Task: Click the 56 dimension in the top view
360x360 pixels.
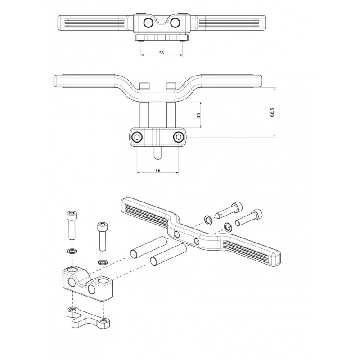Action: tap(162, 53)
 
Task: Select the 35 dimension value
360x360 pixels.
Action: tap(199, 115)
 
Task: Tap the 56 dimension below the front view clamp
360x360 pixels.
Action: tap(157, 171)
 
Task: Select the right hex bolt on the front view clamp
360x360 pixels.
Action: tap(179, 137)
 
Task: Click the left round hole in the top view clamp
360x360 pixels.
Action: tap(148, 23)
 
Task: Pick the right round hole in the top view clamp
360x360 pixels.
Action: tap(175, 23)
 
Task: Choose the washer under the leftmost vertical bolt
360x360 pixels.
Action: tap(72, 251)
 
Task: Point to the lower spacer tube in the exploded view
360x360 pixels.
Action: tap(167, 255)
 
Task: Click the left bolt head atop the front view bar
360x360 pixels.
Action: tap(144, 86)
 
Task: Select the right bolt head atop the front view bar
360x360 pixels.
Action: tap(171, 86)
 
